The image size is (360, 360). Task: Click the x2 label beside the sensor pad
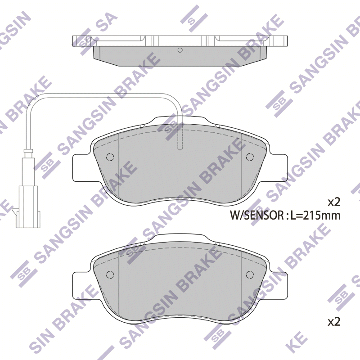[334, 202]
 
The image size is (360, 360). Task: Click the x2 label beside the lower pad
[334, 322]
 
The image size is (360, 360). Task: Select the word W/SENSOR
[257, 216]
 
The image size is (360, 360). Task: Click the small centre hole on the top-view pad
[180, 50]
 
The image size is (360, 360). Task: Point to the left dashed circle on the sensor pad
[110, 157]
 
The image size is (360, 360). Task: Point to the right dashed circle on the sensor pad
[250, 157]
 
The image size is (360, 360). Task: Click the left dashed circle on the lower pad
[110, 274]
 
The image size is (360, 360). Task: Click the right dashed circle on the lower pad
[250, 274]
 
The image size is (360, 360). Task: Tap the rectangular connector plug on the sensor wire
[28, 207]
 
